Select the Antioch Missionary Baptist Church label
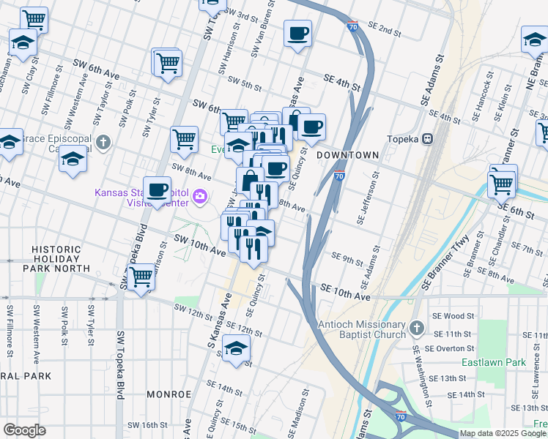[x=361, y=329]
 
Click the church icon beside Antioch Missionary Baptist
[x=417, y=327]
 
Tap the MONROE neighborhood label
[x=169, y=394]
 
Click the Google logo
[x=24, y=430]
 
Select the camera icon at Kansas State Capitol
[x=199, y=195]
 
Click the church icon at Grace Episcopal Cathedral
[x=104, y=141]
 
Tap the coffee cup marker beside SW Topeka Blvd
[x=157, y=191]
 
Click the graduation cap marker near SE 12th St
[x=236, y=349]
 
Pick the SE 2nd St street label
[x=385, y=29]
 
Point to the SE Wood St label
[x=459, y=315]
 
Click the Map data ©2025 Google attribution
[x=503, y=433]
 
